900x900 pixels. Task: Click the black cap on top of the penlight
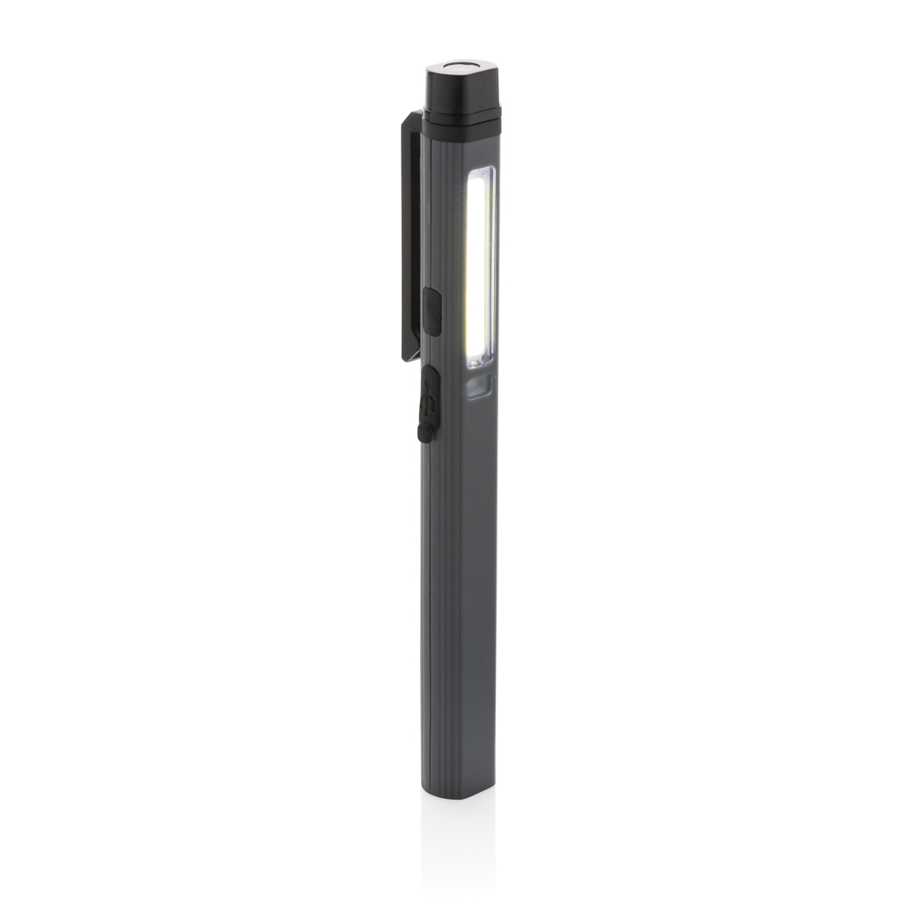point(461,89)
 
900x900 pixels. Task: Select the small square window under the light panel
point(479,385)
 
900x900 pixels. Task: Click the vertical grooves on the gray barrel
point(444,615)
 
